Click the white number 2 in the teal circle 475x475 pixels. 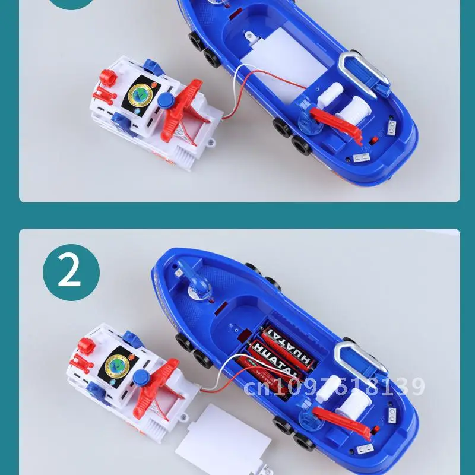pyautogui.click(x=70, y=271)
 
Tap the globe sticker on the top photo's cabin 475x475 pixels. pyautogui.click(x=140, y=93)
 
